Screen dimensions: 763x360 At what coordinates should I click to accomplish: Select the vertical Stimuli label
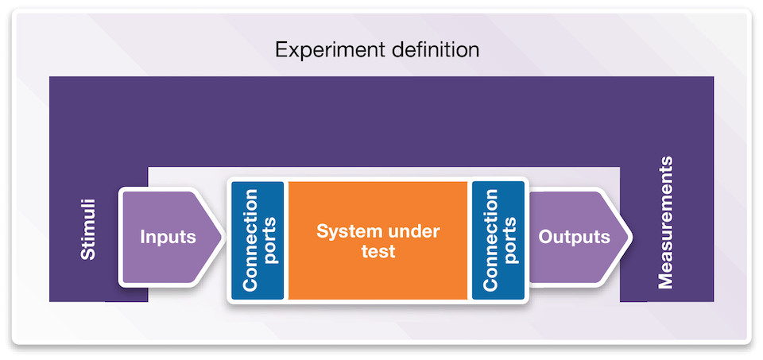pos(88,229)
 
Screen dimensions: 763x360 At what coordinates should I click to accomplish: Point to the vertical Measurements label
pos(665,223)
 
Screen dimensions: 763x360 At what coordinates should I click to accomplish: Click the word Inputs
pos(168,237)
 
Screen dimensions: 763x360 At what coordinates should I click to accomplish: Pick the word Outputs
pos(574,237)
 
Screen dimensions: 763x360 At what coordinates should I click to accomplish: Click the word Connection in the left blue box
pos(250,240)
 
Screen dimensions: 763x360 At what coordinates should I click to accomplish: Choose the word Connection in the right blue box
pos(490,240)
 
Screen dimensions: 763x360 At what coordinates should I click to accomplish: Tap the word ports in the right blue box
pos(509,240)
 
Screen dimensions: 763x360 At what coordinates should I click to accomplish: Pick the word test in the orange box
pos(378,251)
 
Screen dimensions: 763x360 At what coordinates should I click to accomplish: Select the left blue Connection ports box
pos(258,240)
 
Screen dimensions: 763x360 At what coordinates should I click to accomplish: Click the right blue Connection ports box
pos(498,240)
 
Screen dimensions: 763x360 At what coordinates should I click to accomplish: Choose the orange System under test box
pos(378,240)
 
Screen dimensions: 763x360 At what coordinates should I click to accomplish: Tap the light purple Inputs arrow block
pos(170,237)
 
